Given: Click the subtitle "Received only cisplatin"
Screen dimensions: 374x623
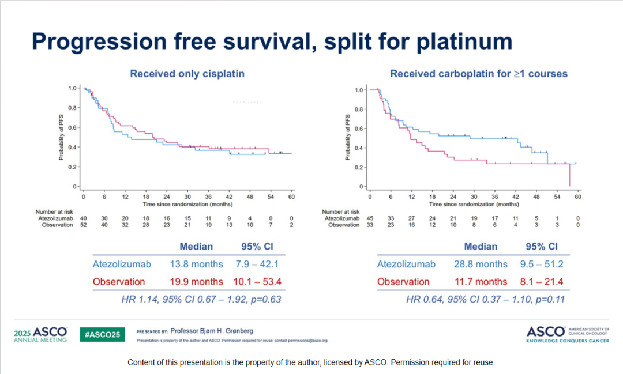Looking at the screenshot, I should [187, 74].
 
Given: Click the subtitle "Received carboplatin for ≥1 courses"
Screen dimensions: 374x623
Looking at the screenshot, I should [479, 74].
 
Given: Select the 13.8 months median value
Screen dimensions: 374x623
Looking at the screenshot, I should [196, 264].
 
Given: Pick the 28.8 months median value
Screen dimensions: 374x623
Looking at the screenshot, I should [481, 264].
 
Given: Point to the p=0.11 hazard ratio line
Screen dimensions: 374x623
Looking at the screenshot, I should [485, 299].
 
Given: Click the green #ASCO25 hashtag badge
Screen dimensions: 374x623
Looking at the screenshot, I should [102, 334].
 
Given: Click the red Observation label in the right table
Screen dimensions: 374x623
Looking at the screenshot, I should [403, 282].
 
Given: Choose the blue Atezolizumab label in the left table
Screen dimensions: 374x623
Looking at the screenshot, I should [122, 264].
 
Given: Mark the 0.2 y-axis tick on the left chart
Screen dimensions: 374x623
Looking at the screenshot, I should [72, 167].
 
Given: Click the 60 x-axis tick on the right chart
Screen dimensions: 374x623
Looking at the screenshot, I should [577, 197].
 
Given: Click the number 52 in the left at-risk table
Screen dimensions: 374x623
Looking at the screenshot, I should [84, 225].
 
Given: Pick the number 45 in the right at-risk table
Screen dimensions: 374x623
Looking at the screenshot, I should [370, 218].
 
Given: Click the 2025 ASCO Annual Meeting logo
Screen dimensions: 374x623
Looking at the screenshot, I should [40, 334].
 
